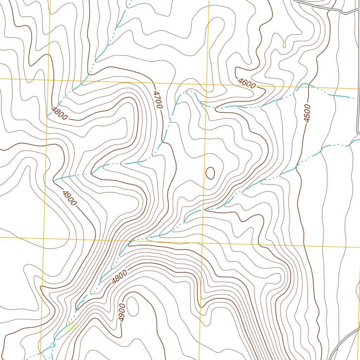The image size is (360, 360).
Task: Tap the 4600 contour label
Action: coord(246,84)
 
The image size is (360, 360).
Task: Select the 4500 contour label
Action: coord(307,113)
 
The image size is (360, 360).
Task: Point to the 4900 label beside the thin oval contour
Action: coord(122,313)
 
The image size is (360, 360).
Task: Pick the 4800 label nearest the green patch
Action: coord(119,276)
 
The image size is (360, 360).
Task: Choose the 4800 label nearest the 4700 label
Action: coord(59,114)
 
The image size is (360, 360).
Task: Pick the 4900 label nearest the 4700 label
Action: coord(69,198)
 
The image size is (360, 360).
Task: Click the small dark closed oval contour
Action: coord(210,173)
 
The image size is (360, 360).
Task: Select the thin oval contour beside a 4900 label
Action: coord(132,306)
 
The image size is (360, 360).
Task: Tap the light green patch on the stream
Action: coord(71,327)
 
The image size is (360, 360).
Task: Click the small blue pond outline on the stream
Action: coord(53,345)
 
